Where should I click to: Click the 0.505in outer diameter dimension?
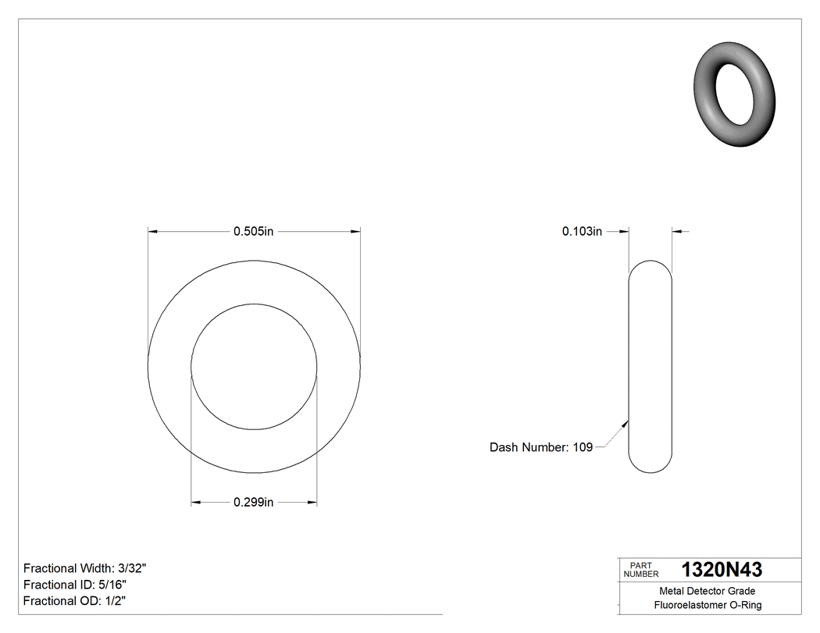tap(254, 231)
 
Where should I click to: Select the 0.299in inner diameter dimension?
tap(254, 503)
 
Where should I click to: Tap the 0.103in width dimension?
tap(582, 231)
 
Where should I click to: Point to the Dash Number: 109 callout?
tap(540, 447)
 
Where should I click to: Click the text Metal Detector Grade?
tap(708, 591)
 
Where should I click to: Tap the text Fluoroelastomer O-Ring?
tap(708, 605)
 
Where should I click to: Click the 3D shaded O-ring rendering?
tap(734, 94)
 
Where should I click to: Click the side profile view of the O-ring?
tap(650, 366)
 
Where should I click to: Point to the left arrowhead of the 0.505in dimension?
tap(153, 231)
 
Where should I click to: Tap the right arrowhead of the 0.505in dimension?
tap(355, 231)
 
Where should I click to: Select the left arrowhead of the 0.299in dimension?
tap(197, 503)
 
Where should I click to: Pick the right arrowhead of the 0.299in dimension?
tap(312, 503)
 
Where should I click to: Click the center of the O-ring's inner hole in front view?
tap(254, 366)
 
